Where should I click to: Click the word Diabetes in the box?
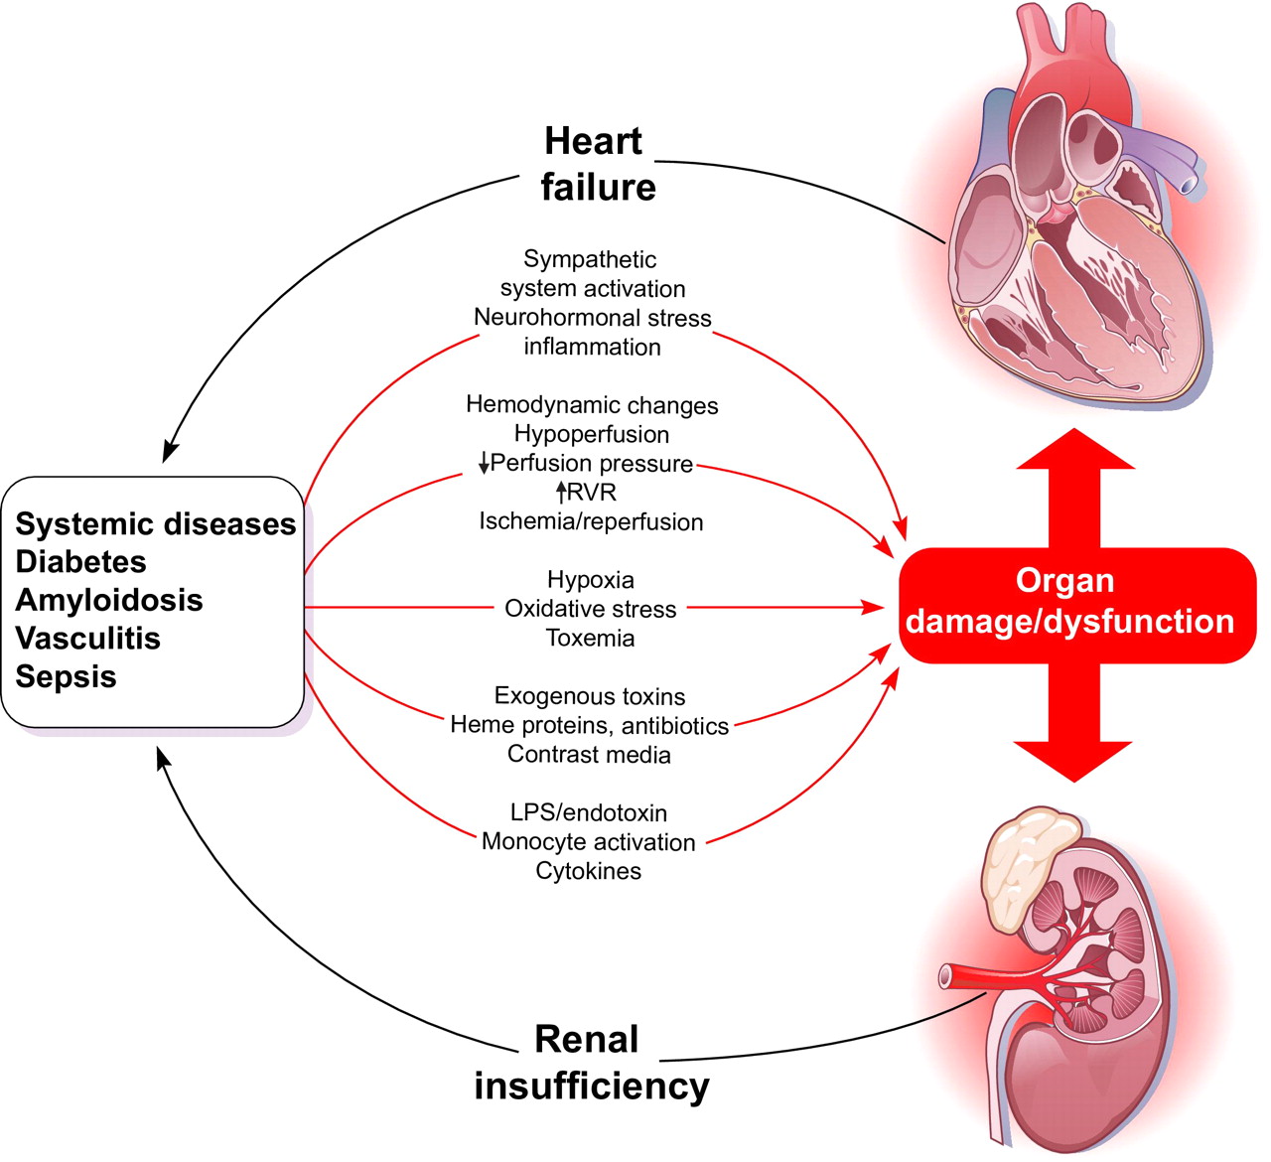click(80, 562)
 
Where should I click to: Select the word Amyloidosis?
click(109, 601)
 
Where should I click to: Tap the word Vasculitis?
click(88, 639)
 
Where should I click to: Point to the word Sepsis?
click(66, 677)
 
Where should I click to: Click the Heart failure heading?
click(597, 164)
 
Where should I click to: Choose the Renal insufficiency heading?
click(591, 1063)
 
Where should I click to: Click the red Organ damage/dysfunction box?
click(1069, 602)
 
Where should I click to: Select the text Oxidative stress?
click(590, 609)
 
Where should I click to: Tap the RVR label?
click(591, 493)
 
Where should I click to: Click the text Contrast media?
click(589, 755)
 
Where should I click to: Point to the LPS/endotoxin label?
click(589, 813)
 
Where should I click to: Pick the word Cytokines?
click(589, 872)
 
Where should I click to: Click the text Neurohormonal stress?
click(592, 318)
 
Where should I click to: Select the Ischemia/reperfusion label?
click(591, 522)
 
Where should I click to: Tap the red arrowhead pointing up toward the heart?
click(1075, 452)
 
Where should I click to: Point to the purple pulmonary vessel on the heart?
click(1172, 159)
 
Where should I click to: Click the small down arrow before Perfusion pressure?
click(484, 464)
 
